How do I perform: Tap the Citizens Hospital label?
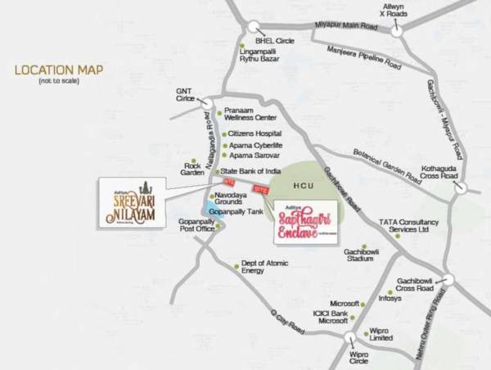[254, 133]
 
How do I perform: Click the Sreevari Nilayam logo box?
[131, 202]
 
